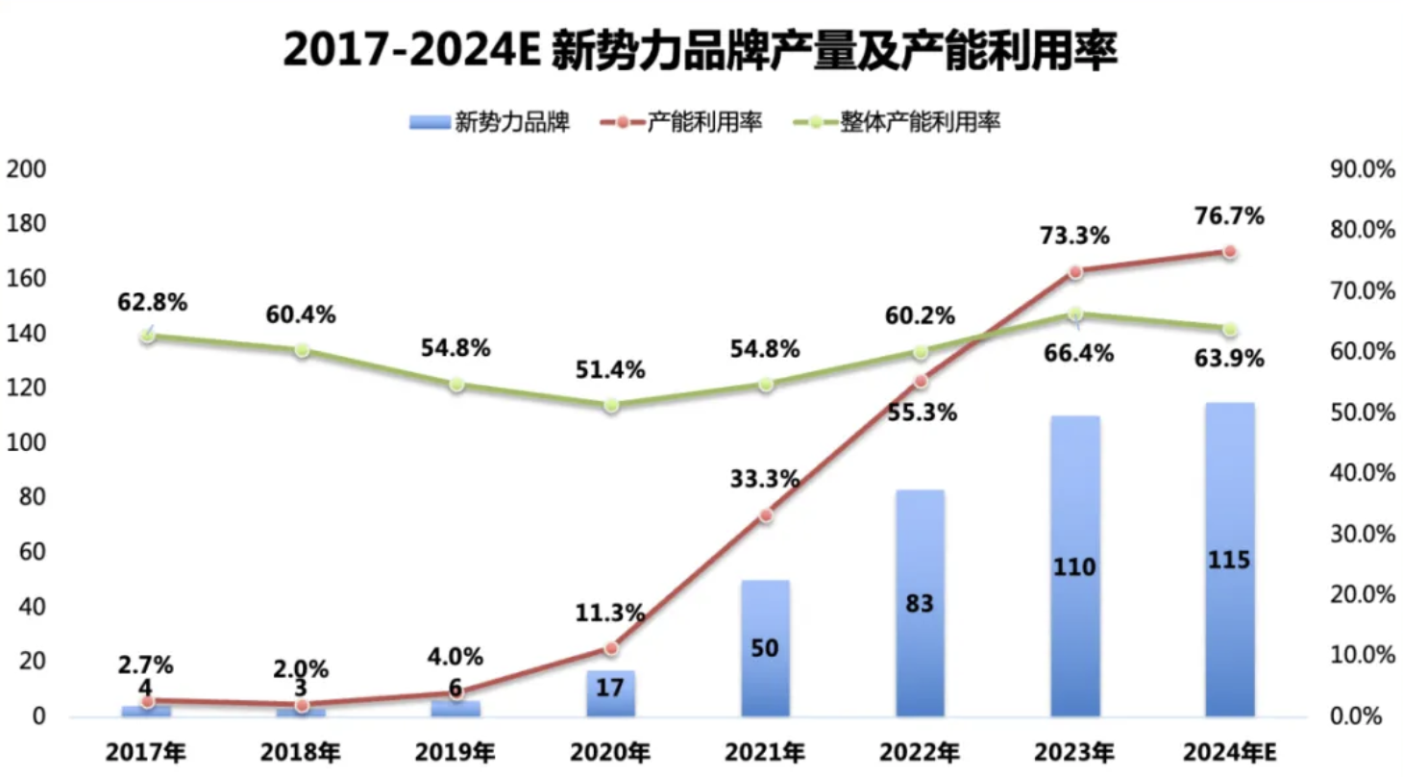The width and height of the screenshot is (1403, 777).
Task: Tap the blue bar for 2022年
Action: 921,603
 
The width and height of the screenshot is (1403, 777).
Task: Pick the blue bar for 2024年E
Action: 1229,559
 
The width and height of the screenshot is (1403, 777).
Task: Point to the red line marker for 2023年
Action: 1075,272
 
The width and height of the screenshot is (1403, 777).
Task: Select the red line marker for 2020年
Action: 611,648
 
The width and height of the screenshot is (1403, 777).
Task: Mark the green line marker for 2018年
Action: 302,350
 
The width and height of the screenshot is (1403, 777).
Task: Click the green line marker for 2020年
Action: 611,405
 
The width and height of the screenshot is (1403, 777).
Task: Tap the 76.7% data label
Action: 1229,215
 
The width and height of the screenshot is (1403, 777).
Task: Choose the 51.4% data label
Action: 610,370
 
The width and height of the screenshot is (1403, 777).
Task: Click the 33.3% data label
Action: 765,477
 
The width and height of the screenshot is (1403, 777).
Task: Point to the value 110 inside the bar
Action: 1074,567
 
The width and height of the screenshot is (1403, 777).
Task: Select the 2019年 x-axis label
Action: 456,751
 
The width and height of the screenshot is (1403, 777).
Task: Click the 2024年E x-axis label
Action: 1229,751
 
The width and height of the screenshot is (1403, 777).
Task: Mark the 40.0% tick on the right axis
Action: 1362,474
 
